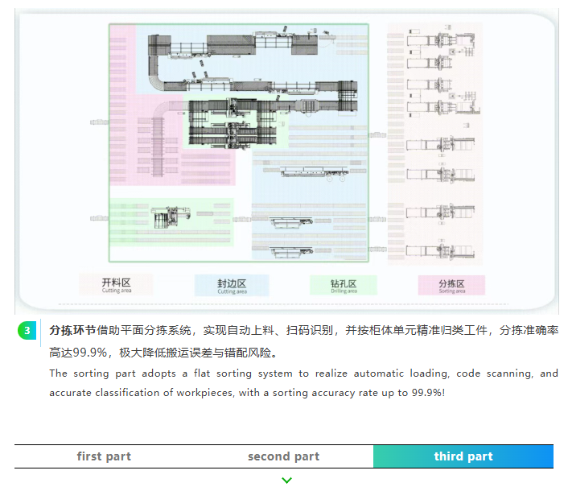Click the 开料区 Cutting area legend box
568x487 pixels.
point(116,285)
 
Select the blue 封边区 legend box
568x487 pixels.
point(231,285)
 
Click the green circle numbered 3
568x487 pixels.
point(27,331)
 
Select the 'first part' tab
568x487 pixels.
point(104,456)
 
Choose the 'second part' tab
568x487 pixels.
point(283,456)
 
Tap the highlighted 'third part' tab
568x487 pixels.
point(463,456)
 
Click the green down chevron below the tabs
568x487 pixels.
point(287,480)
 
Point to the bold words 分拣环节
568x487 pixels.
point(72,331)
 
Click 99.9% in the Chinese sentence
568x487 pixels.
point(92,353)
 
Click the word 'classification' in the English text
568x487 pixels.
point(141,393)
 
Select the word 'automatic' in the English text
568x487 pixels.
point(380,374)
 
